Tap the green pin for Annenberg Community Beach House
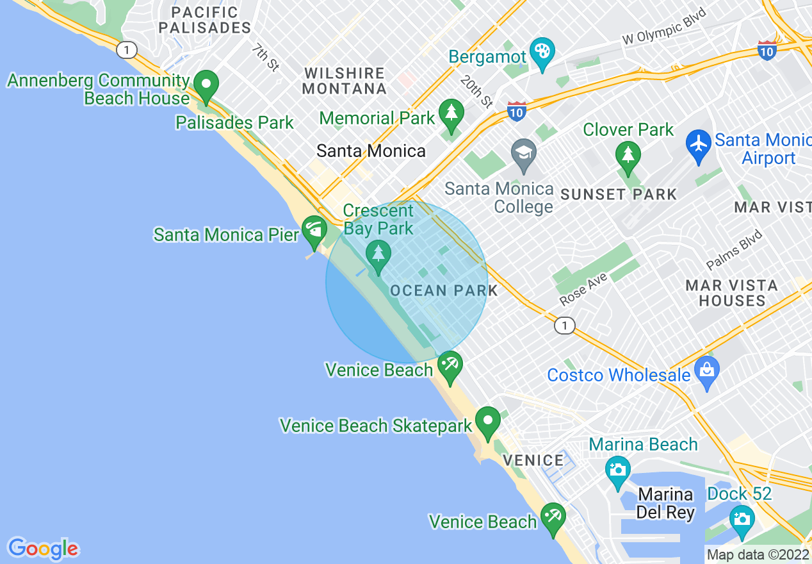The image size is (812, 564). (x=206, y=85)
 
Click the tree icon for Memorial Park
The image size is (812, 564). (x=451, y=113)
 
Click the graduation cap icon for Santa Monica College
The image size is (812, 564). (x=524, y=154)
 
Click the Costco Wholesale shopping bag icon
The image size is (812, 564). (x=707, y=371)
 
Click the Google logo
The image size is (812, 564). (x=43, y=549)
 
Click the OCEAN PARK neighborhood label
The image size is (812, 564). (x=444, y=290)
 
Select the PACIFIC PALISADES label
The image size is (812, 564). (x=205, y=20)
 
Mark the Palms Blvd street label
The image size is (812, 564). (x=735, y=250)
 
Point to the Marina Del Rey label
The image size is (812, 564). (x=665, y=504)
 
